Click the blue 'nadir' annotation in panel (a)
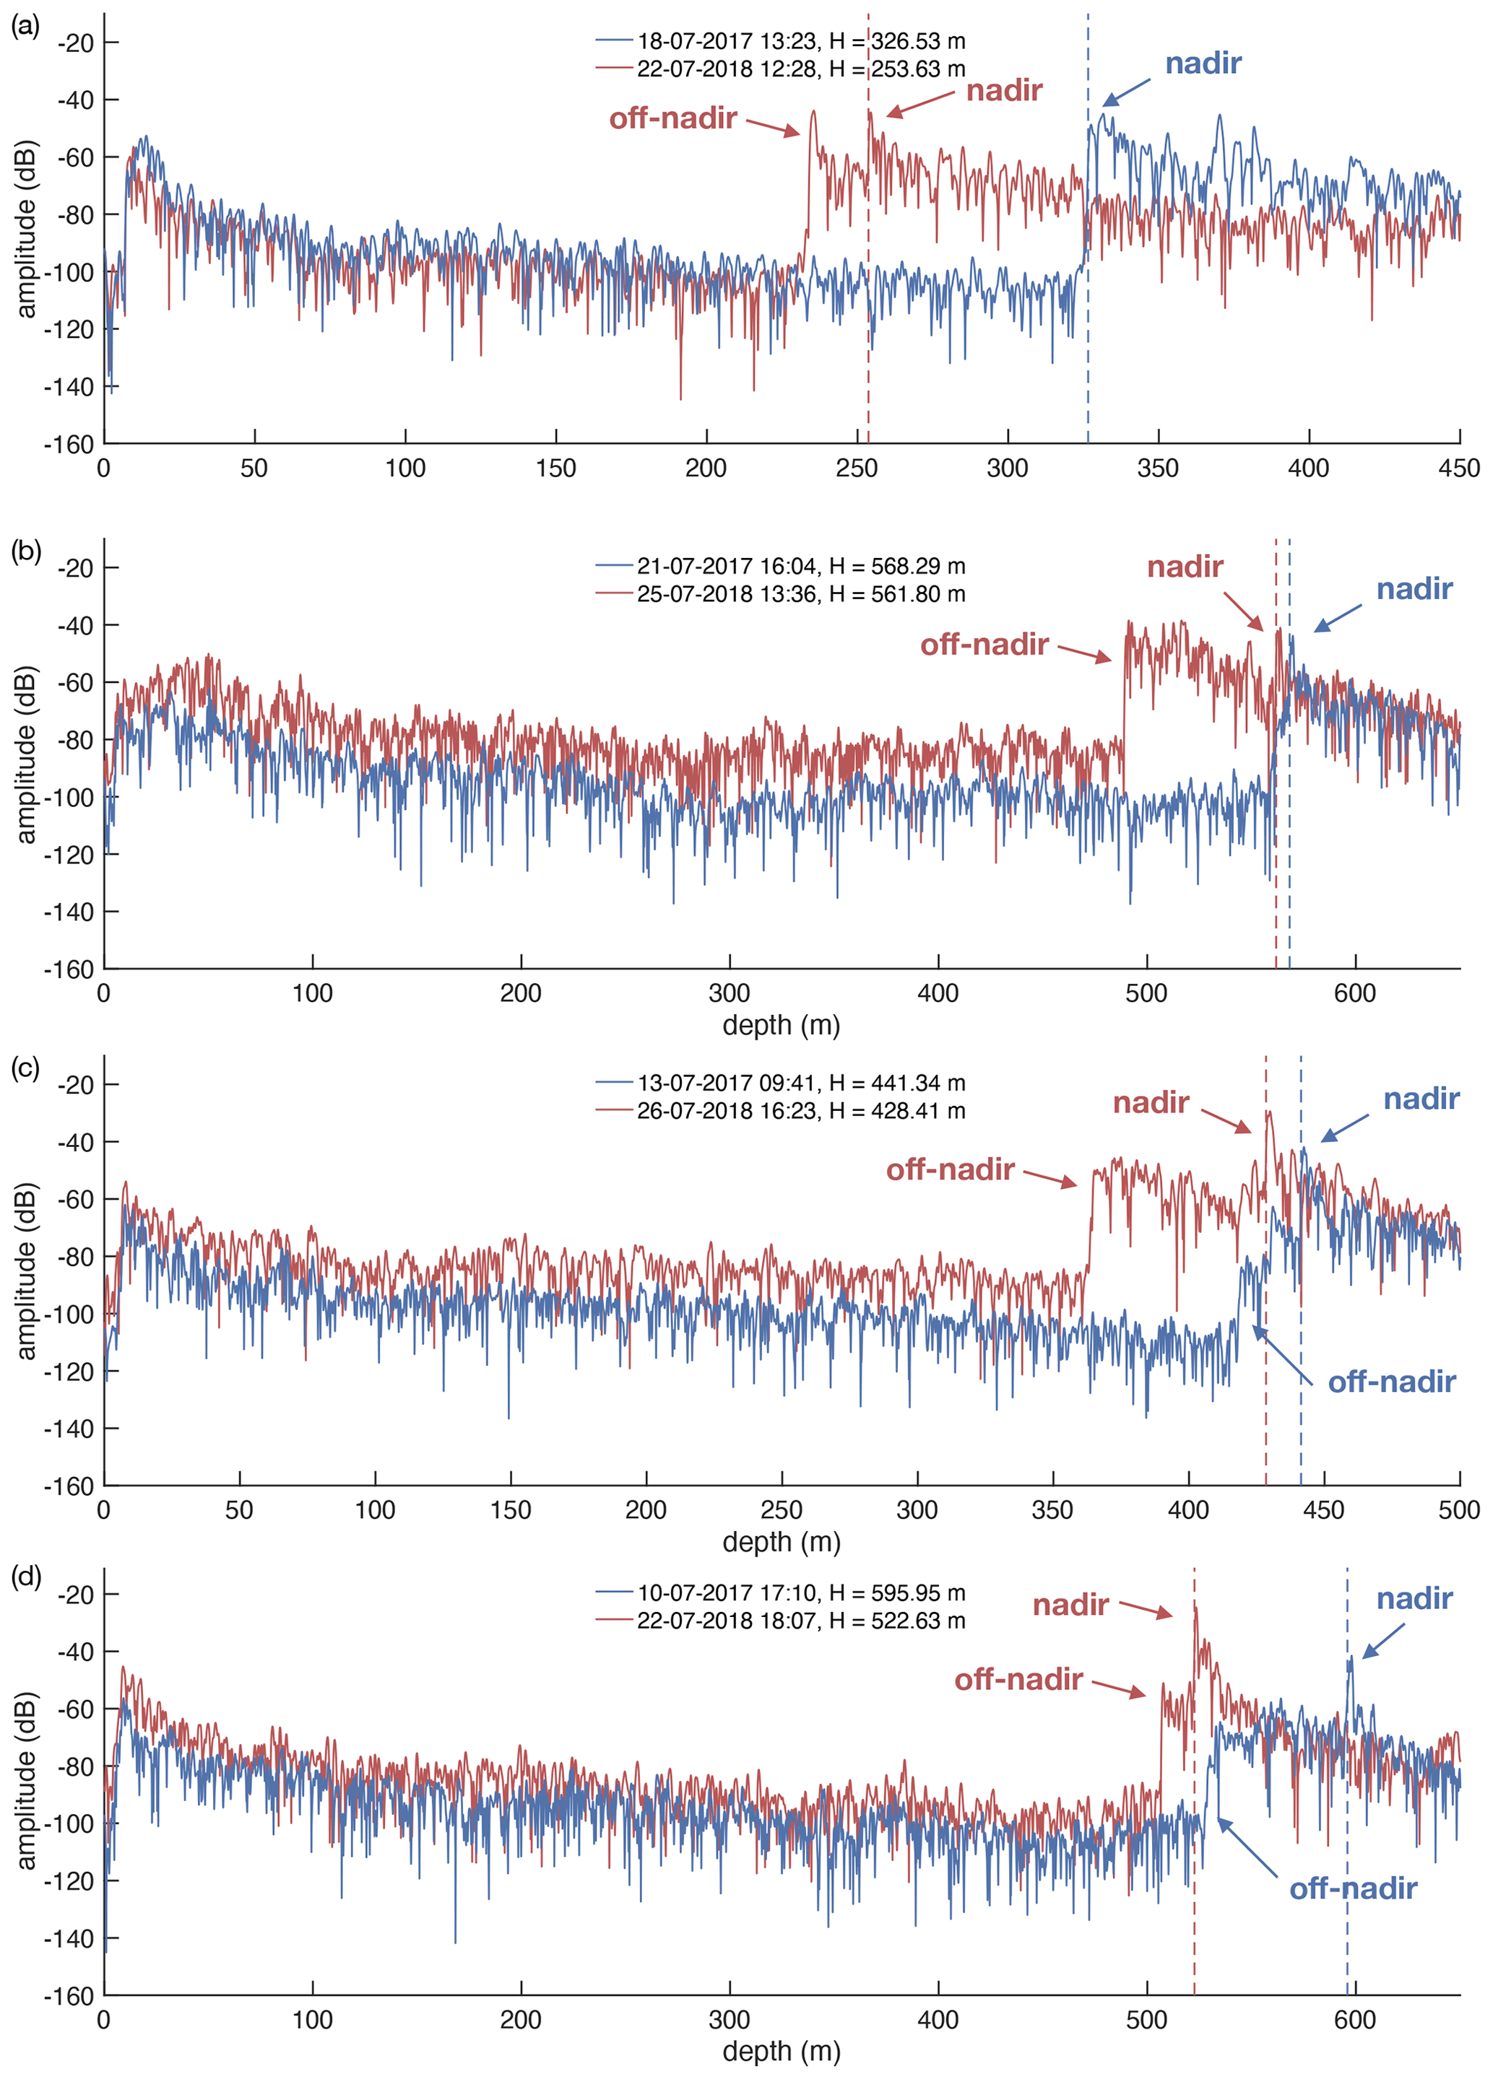1203,64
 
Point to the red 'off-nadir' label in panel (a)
673,118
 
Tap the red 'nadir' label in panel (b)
1185,567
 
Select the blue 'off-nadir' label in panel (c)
1391,1382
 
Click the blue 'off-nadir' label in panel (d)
1353,1888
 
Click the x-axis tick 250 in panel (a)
857,468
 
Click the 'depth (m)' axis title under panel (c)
782,1542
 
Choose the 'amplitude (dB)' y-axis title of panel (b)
26,754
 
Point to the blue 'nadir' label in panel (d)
1414,1599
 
